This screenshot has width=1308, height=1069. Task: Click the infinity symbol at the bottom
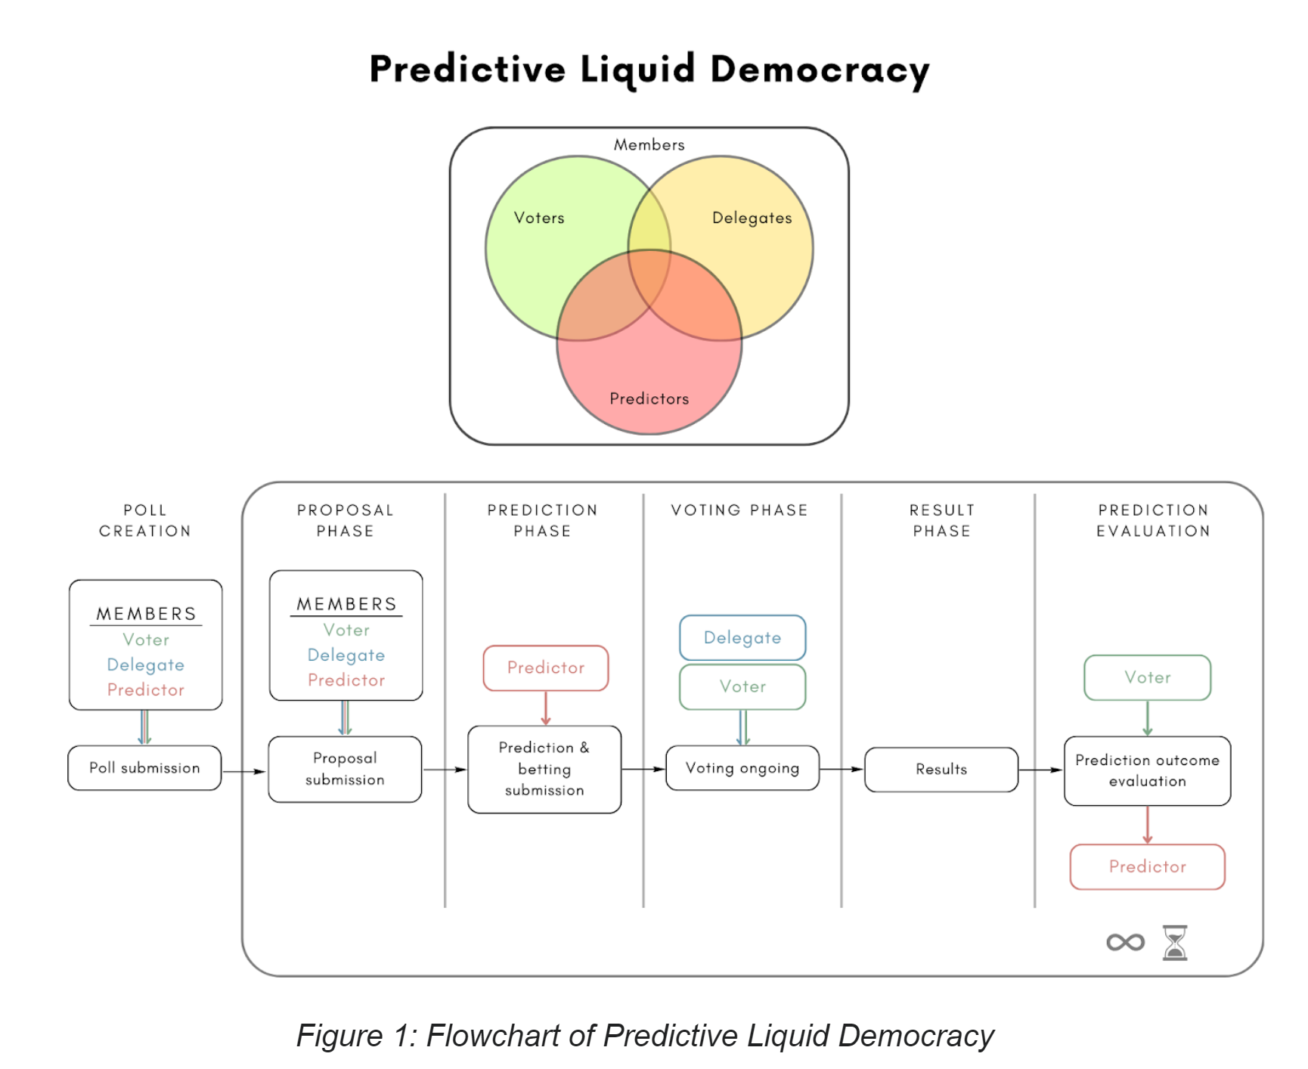[1125, 942]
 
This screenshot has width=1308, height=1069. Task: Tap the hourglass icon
[1175, 942]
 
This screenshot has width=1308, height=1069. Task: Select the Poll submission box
[144, 768]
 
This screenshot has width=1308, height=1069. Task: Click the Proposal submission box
[345, 769]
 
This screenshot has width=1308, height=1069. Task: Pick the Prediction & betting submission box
[544, 769]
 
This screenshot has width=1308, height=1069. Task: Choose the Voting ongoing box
[742, 768]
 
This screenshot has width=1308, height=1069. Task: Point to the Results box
[941, 770]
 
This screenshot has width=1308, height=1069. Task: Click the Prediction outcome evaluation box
[1147, 770]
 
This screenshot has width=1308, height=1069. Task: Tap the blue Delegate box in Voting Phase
[742, 637]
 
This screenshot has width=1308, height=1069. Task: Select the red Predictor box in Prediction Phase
[546, 668]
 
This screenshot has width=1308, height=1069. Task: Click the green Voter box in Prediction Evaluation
[1147, 677]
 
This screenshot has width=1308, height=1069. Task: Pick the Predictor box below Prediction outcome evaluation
[1147, 866]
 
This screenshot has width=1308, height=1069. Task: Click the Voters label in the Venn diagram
[539, 218]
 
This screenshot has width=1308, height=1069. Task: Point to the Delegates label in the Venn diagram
[752, 218]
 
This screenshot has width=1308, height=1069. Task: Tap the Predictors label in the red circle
[649, 398]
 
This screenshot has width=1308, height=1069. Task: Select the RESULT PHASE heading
[941, 520]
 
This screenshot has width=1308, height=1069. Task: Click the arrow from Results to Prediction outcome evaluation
[1040, 770]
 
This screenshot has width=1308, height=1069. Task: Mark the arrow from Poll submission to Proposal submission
[244, 771]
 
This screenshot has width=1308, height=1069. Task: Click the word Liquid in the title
[637, 70]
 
